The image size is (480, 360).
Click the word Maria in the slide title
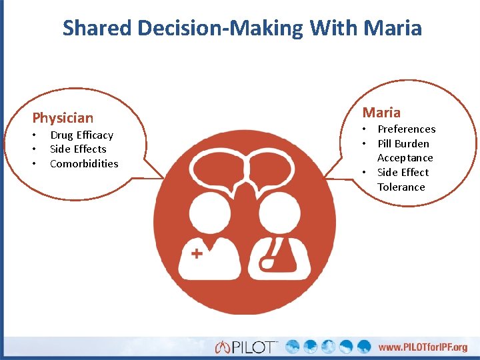(393, 28)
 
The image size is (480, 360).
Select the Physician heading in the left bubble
(63, 118)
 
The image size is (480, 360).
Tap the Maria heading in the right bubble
(381, 112)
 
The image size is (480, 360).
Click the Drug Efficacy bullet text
(81, 135)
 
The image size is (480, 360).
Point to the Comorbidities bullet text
(84, 163)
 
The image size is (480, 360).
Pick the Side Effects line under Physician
(78, 149)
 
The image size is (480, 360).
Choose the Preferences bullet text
(406, 129)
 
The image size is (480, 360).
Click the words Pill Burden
(403, 143)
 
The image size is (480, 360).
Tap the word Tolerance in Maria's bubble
(401, 187)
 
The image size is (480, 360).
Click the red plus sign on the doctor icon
(197, 253)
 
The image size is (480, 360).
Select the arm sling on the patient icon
(273, 257)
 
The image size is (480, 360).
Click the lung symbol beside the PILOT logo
(223, 347)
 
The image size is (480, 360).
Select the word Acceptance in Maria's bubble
(405, 158)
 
